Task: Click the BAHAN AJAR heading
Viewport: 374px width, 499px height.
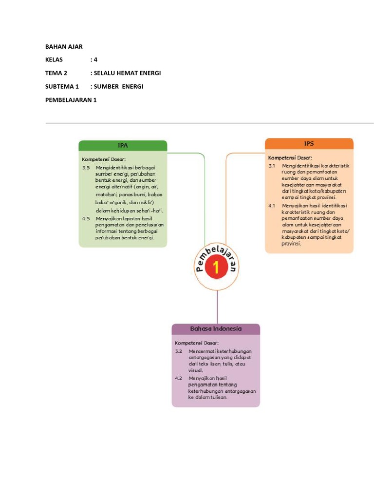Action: (x=64, y=47)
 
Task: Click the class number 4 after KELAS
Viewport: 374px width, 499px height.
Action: (x=96, y=60)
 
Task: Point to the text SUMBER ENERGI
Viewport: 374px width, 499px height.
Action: (x=119, y=86)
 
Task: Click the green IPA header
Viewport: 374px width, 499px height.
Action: (x=123, y=145)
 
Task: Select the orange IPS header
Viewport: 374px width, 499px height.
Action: (x=309, y=143)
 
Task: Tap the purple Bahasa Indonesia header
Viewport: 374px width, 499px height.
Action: (x=216, y=329)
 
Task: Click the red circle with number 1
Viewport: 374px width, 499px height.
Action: (x=217, y=268)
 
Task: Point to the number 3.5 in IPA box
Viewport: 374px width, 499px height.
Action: (x=86, y=168)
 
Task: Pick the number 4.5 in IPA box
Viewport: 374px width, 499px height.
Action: (x=86, y=219)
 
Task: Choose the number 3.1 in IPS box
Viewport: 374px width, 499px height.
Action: (x=272, y=166)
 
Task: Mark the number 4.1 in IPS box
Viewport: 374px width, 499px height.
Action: (x=272, y=206)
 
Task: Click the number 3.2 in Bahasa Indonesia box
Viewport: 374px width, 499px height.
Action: (x=178, y=351)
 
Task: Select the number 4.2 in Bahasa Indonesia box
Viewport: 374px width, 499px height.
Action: (x=178, y=378)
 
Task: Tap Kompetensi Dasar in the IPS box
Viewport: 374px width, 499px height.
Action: (x=290, y=157)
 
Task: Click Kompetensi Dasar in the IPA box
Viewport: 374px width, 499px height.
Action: (x=104, y=159)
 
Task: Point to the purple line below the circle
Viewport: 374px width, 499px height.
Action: (x=217, y=307)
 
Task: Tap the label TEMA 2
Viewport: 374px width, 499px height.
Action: (x=56, y=73)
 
